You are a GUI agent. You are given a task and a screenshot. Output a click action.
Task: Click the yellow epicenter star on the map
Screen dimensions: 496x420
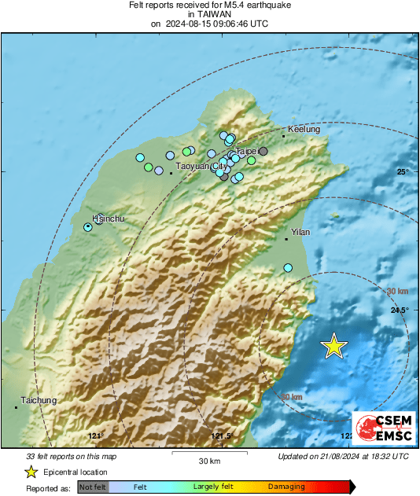point(334,346)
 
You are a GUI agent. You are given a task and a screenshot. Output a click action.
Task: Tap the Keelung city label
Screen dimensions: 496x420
point(304,129)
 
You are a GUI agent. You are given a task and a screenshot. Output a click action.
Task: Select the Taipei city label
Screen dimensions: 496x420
point(246,151)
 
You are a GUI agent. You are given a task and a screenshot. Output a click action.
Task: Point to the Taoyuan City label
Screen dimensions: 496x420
point(201,167)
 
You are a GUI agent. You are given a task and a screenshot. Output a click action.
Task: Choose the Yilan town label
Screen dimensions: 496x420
point(301,232)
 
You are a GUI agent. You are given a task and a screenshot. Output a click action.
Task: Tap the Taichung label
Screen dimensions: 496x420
point(39,400)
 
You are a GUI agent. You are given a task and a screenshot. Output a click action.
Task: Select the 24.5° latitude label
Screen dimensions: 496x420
point(400,310)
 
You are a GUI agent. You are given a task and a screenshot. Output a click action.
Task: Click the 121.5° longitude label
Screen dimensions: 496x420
point(223,436)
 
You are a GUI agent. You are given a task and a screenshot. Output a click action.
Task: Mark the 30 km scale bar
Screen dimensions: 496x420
point(209,454)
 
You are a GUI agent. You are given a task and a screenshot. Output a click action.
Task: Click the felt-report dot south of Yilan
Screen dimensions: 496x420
point(288,268)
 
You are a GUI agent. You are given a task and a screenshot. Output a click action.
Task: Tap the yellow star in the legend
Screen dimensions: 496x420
point(31,472)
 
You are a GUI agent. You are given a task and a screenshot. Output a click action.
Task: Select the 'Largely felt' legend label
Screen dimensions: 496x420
point(212,487)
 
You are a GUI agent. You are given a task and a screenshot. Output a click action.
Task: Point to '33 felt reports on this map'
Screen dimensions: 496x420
point(72,456)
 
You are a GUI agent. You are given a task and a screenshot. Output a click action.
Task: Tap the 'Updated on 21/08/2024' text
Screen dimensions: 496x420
point(343,456)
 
